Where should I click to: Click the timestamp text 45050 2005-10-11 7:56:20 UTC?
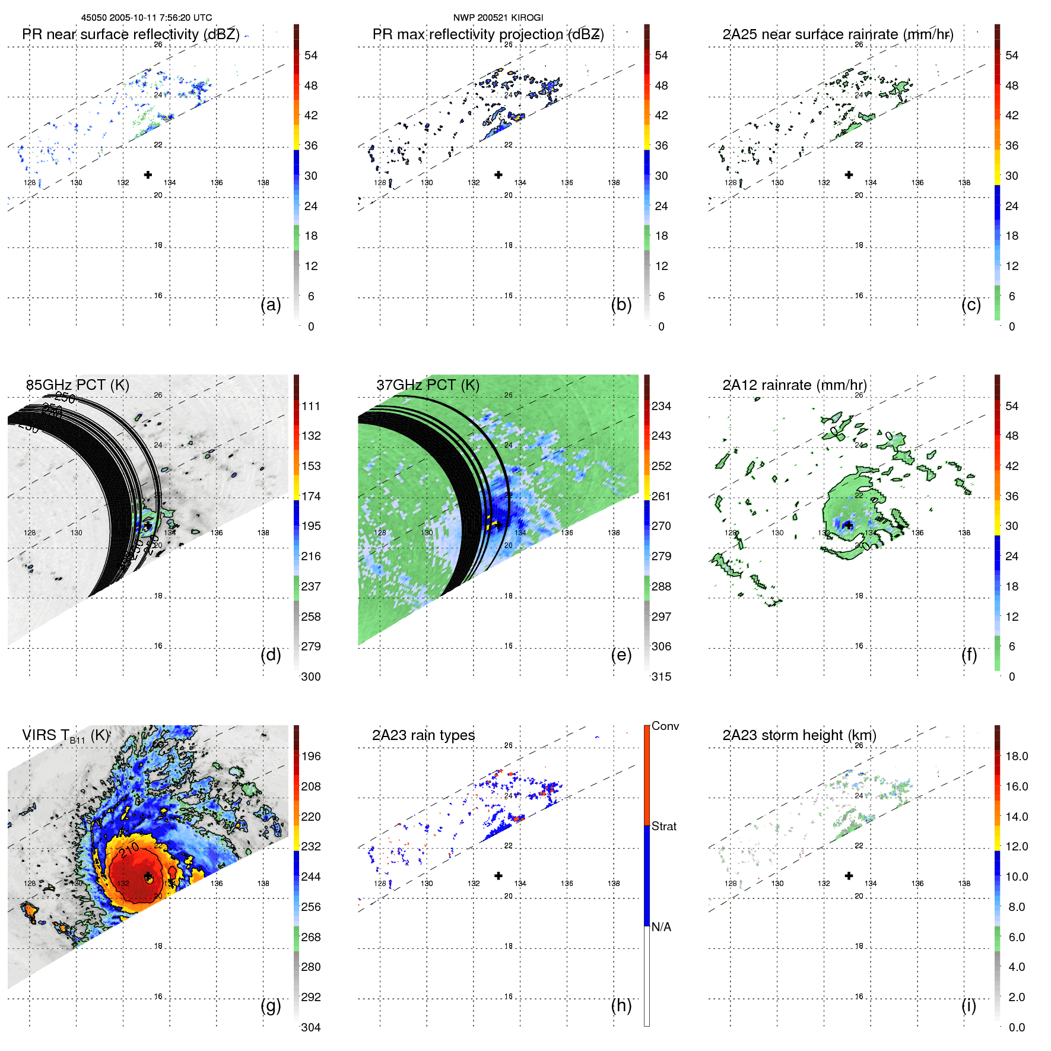tap(147, 18)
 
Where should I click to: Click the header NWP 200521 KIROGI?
tap(498, 18)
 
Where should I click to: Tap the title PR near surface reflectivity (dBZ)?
tap(131, 34)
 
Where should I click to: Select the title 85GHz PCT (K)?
tap(77, 385)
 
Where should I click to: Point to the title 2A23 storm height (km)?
tap(799, 735)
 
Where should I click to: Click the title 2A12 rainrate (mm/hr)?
tap(794, 385)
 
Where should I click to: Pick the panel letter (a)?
tap(271, 304)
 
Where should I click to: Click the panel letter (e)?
tap(621, 655)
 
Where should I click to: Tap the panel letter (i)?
tap(969, 1005)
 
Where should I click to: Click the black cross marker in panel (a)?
tap(148, 174)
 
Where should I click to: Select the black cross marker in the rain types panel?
tap(498, 875)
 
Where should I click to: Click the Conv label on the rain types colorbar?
tap(665, 726)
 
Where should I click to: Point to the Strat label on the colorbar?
tap(664, 826)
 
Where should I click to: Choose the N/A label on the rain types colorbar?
tap(661, 927)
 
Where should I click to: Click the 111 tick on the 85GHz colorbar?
tap(311, 406)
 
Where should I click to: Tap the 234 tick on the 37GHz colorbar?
tap(661, 406)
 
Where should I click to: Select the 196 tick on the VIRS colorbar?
tap(311, 756)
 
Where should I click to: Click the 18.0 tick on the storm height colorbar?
tap(1017, 756)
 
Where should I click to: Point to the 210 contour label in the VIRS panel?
tap(129, 850)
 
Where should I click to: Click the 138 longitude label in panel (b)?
tap(614, 183)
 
